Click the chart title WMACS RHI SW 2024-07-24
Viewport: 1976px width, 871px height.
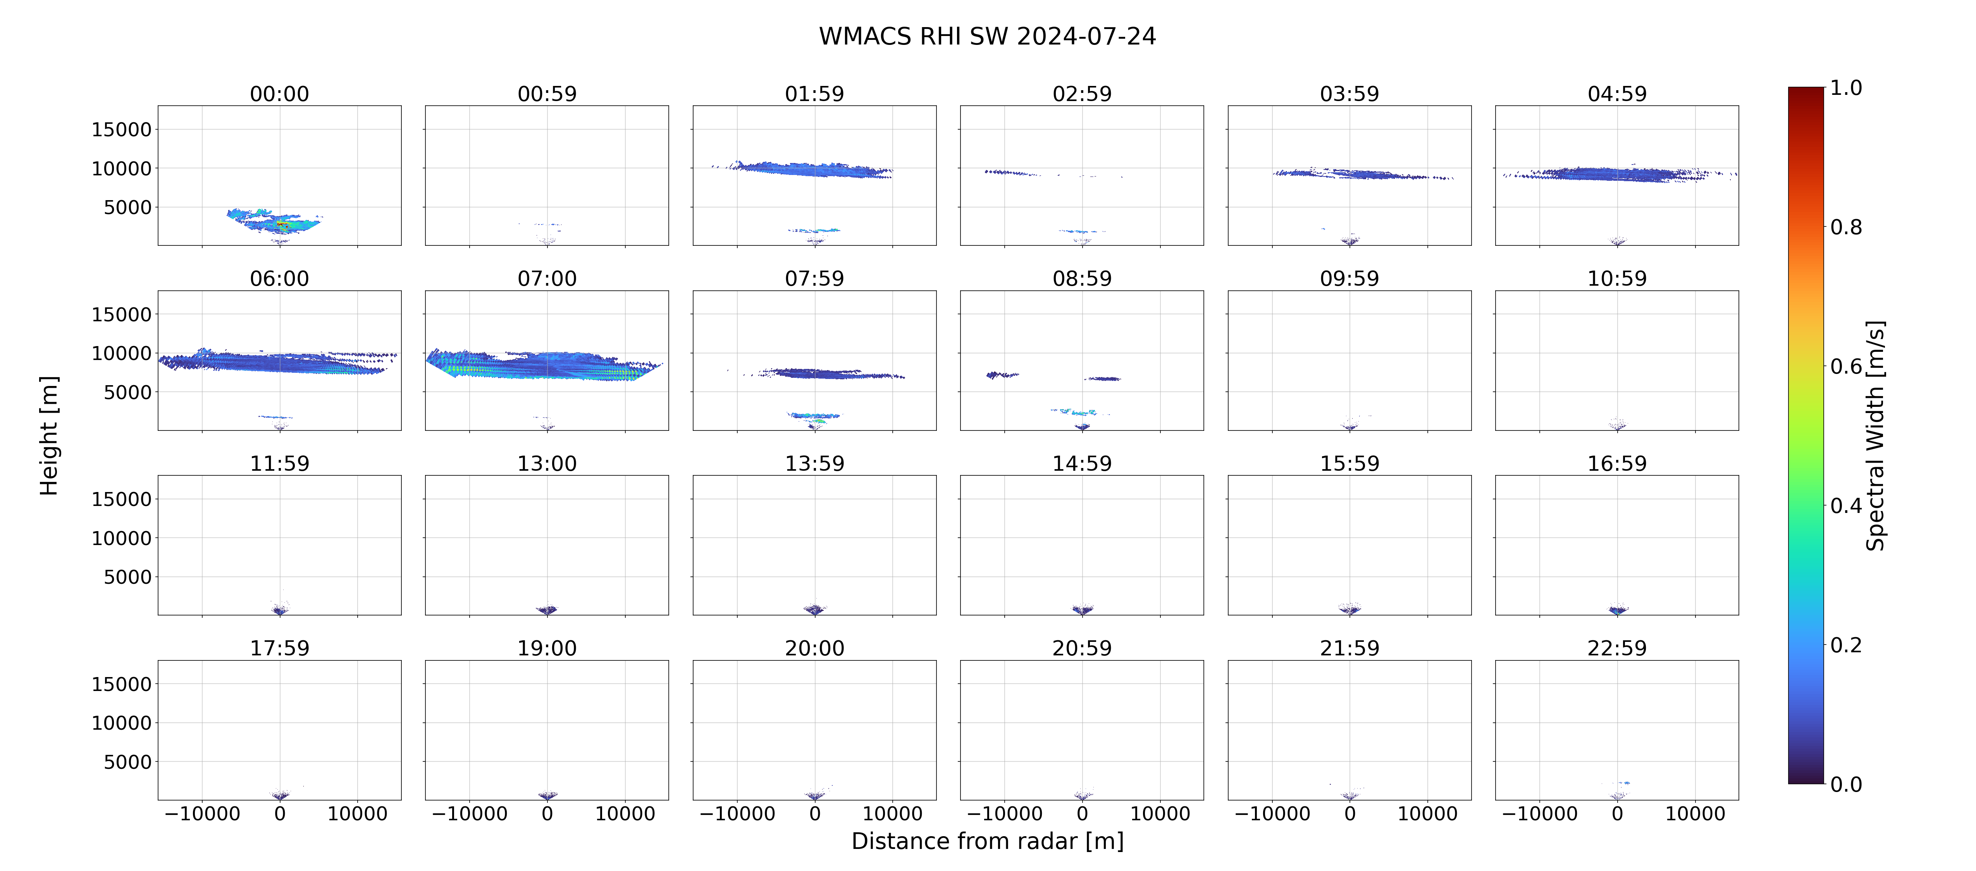pyautogui.click(x=987, y=36)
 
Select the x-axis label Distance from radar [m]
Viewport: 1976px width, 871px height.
pyautogui.click(x=987, y=841)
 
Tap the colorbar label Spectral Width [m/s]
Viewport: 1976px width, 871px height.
pyautogui.click(x=1875, y=435)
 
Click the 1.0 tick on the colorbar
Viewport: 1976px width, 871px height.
pyautogui.click(x=1845, y=88)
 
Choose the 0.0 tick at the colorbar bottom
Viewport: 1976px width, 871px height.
pyautogui.click(x=1845, y=784)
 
